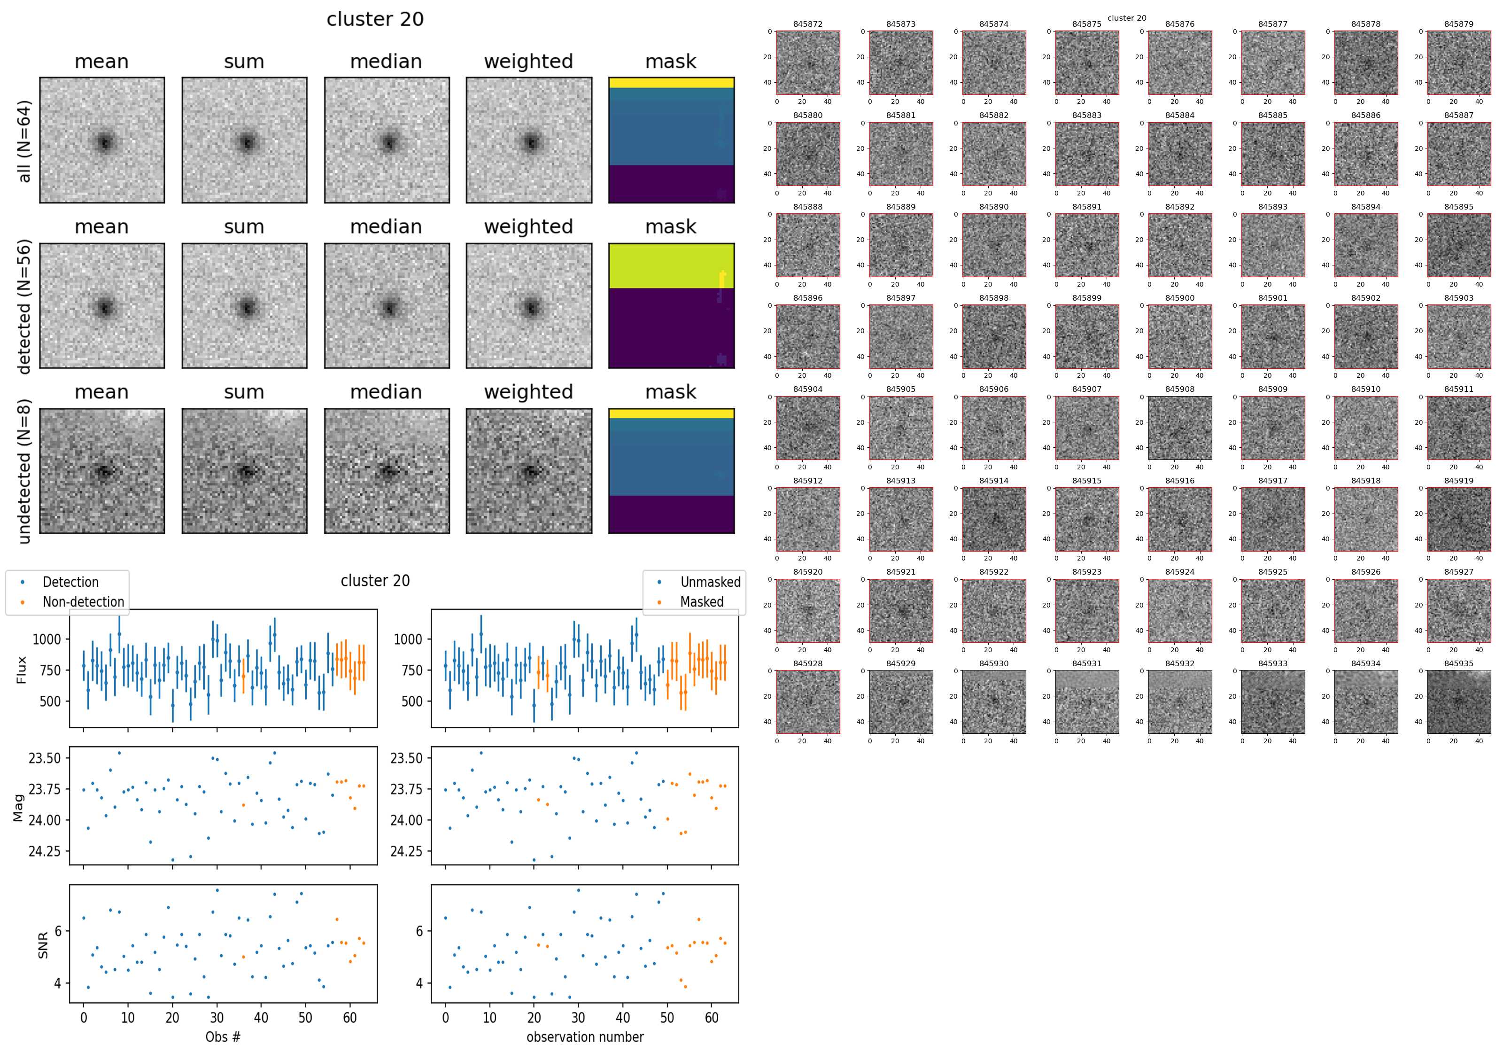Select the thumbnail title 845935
pyautogui.click(x=1458, y=663)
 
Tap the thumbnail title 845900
pyautogui.click(x=1179, y=298)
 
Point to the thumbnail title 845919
pyautogui.click(x=1458, y=481)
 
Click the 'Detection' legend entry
pyautogui.click(x=70, y=582)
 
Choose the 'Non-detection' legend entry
pyautogui.click(x=83, y=602)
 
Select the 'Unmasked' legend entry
pyautogui.click(x=710, y=582)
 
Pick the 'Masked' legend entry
pyautogui.click(x=702, y=602)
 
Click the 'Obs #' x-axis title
pyautogui.click(x=223, y=1037)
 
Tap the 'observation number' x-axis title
pyautogui.click(x=585, y=1037)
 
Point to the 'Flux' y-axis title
pyautogui.click(x=22, y=670)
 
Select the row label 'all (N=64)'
pyautogui.click(x=24, y=141)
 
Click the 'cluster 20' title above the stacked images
pyautogui.click(x=375, y=20)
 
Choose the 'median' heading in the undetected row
pyautogui.click(x=386, y=392)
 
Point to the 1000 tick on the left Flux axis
pyautogui.click(x=46, y=639)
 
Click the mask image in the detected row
pyautogui.click(x=671, y=306)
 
